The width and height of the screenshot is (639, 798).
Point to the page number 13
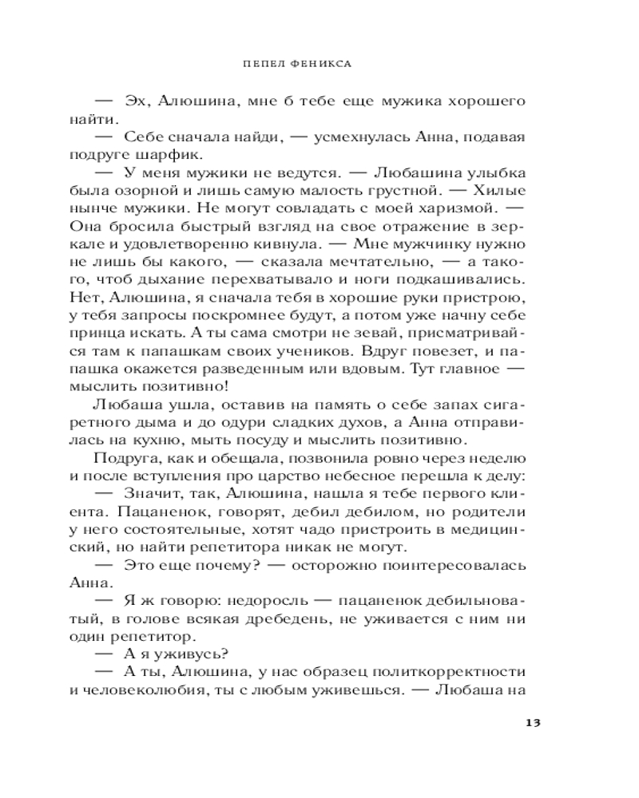(534, 723)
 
